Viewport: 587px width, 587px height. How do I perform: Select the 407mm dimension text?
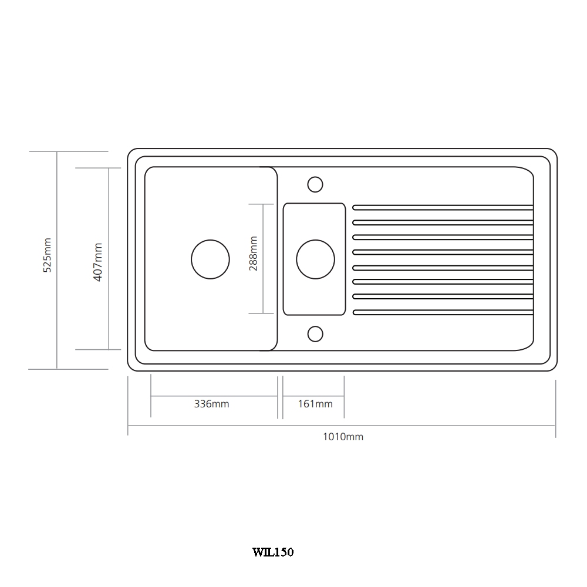pyautogui.click(x=98, y=262)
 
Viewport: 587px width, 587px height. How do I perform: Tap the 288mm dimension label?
pyautogui.click(x=253, y=253)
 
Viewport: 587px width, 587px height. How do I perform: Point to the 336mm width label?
pyautogui.click(x=211, y=404)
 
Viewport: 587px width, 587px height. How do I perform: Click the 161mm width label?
pyautogui.click(x=315, y=404)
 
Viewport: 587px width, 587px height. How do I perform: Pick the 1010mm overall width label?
pyautogui.click(x=343, y=437)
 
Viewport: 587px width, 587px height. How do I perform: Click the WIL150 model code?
pyautogui.click(x=273, y=552)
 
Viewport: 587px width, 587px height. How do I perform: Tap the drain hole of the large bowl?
pyautogui.click(x=210, y=259)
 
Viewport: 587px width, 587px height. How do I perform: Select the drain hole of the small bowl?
pyautogui.click(x=315, y=259)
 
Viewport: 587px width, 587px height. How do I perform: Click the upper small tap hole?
pyautogui.click(x=315, y=184)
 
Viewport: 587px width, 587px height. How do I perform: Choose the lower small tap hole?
pyautogui.click(x=315, y=333)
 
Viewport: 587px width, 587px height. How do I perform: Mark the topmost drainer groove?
pyautogui.click(x=443, y=207)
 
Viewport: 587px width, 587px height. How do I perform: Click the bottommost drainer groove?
pyautogui.click(x=443, y=311)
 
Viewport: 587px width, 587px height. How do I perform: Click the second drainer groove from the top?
pyautogui.click(x=443, y=222)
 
